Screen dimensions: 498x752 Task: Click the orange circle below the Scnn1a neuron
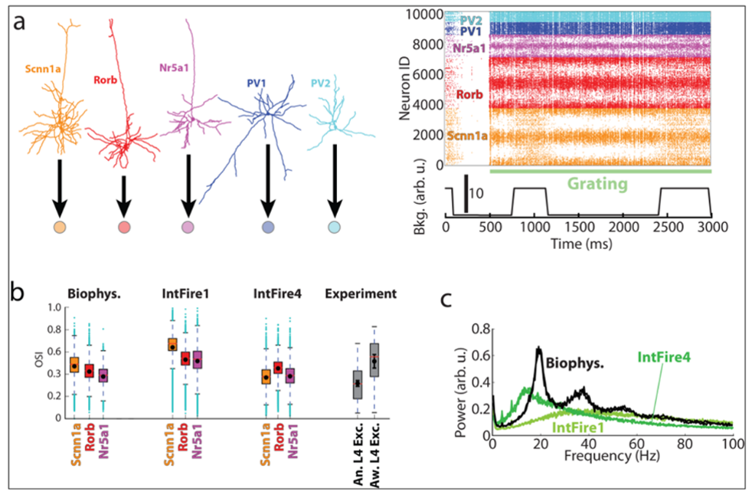pos(60,228)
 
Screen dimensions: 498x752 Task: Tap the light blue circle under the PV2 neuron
pos(334,228)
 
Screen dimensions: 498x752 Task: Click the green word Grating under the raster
pos(599,185)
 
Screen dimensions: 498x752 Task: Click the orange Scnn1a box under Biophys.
pos(74,365)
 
